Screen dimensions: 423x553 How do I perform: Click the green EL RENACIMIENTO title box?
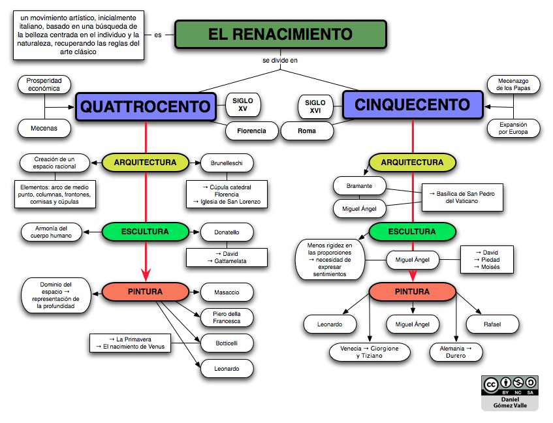click(281, 34)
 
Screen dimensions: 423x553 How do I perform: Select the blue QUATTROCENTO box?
click(146, 106)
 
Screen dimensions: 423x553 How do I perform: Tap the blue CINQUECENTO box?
click(412, 104)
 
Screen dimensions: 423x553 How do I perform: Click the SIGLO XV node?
click(243, 104)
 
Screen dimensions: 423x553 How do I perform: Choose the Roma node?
click(306, 131)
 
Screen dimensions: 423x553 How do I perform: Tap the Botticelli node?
click(226, 343)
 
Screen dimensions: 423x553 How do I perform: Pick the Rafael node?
click(492, 324)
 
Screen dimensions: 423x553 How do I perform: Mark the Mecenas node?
click(44, 129)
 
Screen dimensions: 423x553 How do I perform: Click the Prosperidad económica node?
click(44, 84)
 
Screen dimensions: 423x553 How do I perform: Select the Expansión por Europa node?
click(513, 128)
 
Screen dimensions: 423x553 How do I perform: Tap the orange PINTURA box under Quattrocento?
click(145, 291)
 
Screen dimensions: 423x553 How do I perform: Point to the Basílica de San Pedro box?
click(462, 197)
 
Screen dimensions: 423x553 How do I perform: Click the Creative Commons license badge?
click(509, 392)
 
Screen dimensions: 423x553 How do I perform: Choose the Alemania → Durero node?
click(456, 352)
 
